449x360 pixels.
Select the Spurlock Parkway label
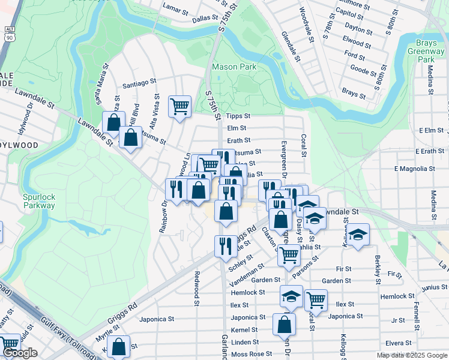[x=39, y=201]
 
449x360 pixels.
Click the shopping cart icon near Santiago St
[x=179, y=107]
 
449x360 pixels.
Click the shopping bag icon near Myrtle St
[x=119, y=346]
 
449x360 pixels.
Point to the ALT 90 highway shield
[x=8, y=34]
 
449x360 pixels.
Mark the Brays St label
[x=354, y=94]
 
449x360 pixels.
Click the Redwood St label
[x=196, y=288]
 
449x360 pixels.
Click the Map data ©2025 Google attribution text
[x=411, y=355]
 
